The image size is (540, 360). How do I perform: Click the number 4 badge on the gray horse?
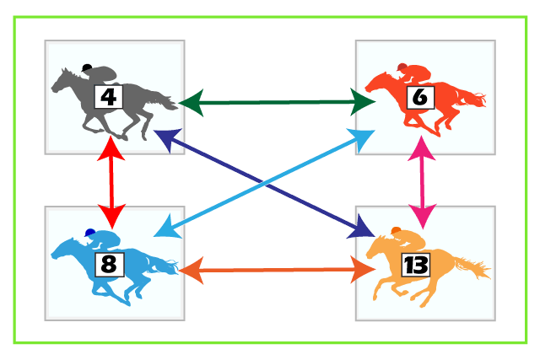[x=109, y=97]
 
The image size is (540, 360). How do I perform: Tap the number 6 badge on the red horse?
[x=420, y=98]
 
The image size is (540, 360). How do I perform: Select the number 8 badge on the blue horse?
[x=109, y=265]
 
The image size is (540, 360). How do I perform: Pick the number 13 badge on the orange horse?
[x=416, y=265]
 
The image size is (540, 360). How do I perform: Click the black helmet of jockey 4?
[x=87, y=67]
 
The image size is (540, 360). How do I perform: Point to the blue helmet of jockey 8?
[x=90, y=233]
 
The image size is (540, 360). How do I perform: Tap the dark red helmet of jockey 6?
[x=402, y=67]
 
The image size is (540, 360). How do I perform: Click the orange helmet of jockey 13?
[x=396, y=230]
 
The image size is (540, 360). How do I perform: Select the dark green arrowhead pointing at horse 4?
[x=191, y=103]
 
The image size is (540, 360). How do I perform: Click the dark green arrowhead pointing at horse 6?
[x=363, y=102]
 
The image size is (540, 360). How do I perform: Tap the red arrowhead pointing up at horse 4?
[x=111, y=148]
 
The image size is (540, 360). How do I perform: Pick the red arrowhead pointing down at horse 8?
[x=112, y=216]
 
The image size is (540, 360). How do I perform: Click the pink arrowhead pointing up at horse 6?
[x=422, y=148]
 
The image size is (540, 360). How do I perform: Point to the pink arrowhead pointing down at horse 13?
[x=423, y=216]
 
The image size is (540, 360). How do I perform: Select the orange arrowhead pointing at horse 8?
[x=192, y=271]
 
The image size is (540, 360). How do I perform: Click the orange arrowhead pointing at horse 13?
[x=363, y=270]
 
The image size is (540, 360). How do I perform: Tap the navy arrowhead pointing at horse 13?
[x=362, y=228]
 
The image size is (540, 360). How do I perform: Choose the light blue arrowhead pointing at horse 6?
[x=362, y=139]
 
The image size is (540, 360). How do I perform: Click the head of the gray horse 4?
[x=60, y=81]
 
